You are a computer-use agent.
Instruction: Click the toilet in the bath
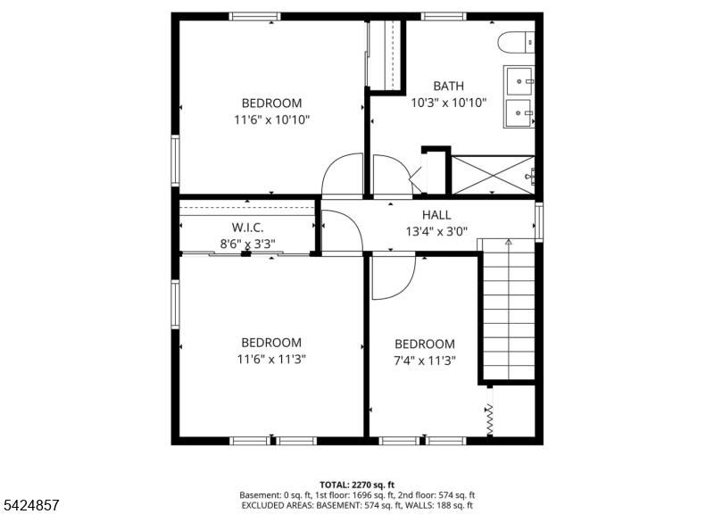coord(516,42)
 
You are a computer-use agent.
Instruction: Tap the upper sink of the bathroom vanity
coord(519,81)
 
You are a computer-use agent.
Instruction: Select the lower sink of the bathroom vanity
coord(519,112)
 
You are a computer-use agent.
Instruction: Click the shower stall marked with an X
coord(493,175)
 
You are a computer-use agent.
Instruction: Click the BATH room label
coord(449,86)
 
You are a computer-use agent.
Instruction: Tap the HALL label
coord(436,214)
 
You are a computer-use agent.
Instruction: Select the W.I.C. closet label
coord(247,228)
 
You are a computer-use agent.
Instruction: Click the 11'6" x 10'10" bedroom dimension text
coord(272,120)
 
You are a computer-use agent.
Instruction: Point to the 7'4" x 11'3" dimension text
coord(425,361)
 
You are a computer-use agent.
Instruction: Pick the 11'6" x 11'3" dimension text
coord(271,360)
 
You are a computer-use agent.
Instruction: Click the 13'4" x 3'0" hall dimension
coord(436,232)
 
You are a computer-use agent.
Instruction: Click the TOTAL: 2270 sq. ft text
coord(357,485)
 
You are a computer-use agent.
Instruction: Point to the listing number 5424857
coord(31,505)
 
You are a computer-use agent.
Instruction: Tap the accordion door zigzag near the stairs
coord(489,419)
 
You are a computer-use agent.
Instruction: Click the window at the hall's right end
coord(539,221)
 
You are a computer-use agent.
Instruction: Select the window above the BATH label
coord(444,16)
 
